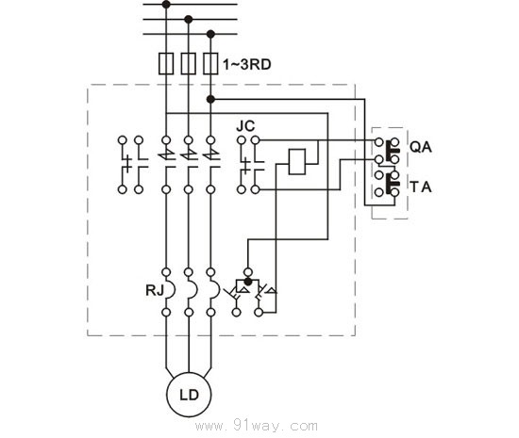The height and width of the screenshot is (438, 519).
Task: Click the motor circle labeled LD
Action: [x=189, y=393]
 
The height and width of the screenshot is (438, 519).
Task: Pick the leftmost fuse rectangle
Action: [x=167, y=64]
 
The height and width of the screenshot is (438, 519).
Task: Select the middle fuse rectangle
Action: [x=188, y=64]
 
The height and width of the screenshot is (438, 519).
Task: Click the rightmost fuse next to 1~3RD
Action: [x=209, y=64]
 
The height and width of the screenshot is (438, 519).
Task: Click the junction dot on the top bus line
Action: [x=167, y=4]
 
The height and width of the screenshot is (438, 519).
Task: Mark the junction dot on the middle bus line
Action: [x=188, y=18]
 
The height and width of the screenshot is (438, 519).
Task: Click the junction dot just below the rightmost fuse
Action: [x=209, y=97]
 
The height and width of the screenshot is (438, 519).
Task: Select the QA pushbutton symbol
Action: [x=387, y=149]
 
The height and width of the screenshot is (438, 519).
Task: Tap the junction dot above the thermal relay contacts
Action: [x=246, y=281]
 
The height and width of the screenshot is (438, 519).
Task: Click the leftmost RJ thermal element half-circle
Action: [x=170, y=290]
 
